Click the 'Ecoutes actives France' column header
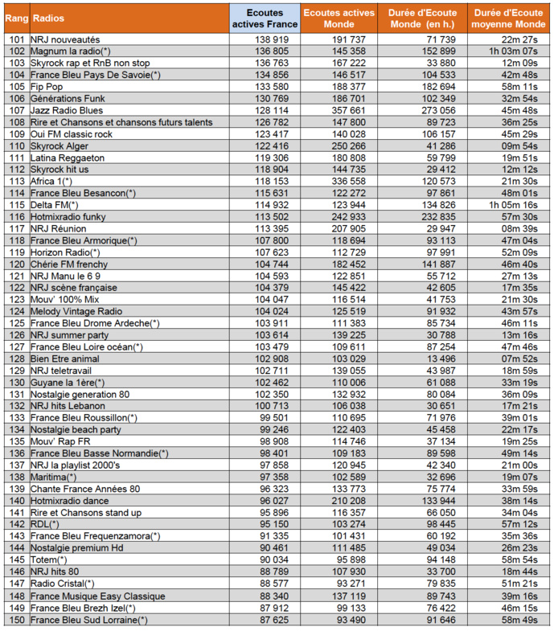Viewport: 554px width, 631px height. [x=264, y=18]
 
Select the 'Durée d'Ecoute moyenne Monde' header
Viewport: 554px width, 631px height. [x=509, y=18]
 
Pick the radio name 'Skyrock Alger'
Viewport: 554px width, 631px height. [x=60, y=146]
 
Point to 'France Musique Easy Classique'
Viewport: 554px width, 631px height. [x=97, y=596]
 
